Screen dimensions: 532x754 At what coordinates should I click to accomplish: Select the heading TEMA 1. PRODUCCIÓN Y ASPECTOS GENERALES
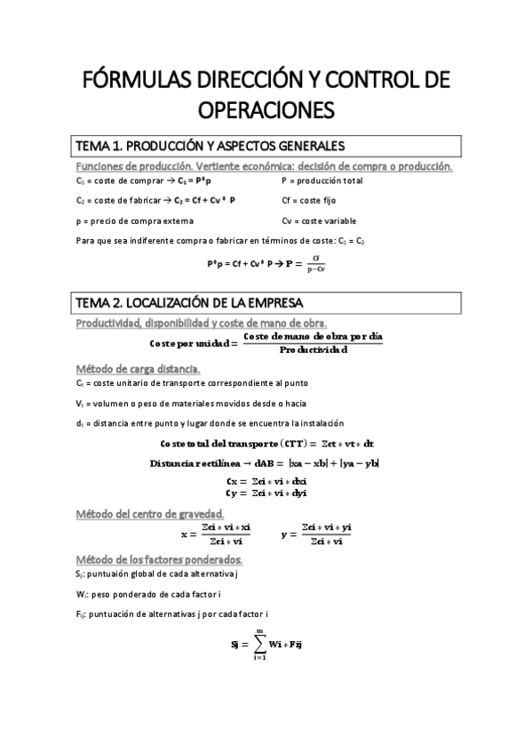tap(209, 146)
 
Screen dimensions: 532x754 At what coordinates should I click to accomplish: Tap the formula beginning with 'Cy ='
tap(266, 493)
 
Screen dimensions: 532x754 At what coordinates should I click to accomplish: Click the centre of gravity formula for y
tap(316, 534)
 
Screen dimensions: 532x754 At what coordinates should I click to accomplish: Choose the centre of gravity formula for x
tap(216, 534)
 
